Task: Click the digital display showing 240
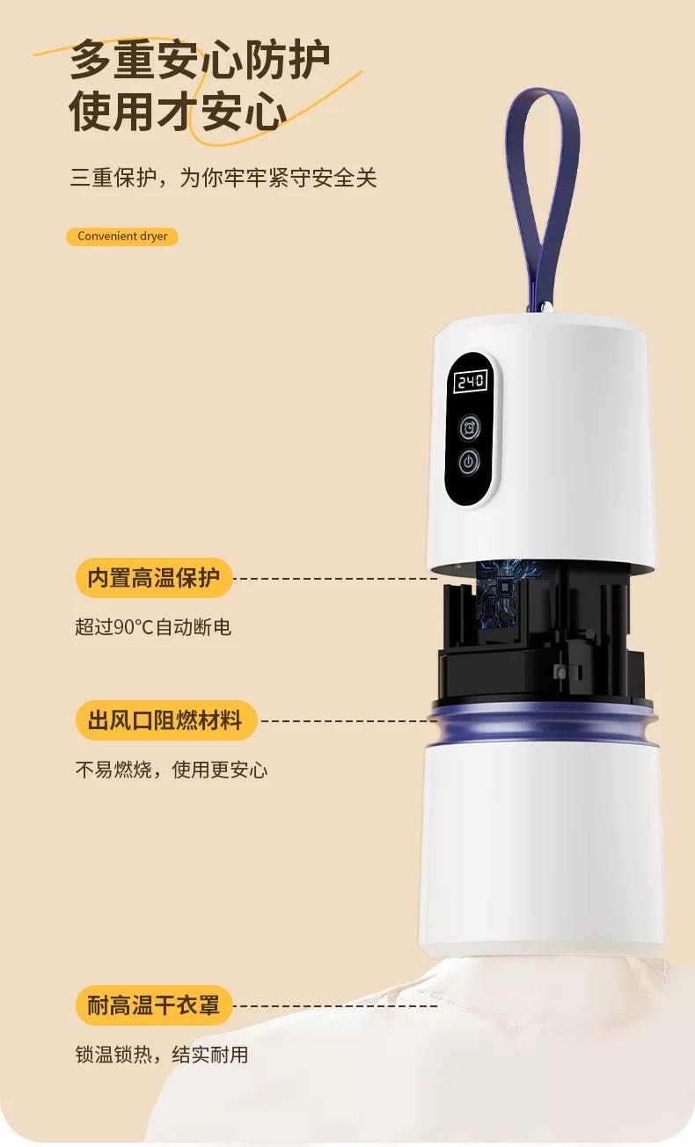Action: (x=470, y=381)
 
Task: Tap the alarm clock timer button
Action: (x=470, y=427)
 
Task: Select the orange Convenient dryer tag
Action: (x=122, y=237)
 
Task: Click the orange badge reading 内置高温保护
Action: (x=154, y=578)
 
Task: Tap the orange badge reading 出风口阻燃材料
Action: (x=165, y=721)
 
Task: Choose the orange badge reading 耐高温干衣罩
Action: (x=154, y=1005)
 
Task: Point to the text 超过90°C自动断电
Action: (x=153, y=627)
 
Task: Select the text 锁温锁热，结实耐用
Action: (x=162, y=1054)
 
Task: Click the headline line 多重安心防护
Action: (x=201, y=60)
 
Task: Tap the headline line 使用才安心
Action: (x=179, y=112)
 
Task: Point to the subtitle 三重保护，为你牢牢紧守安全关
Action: (x=223, y=178)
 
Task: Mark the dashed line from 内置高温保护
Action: (x=334, y=579)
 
